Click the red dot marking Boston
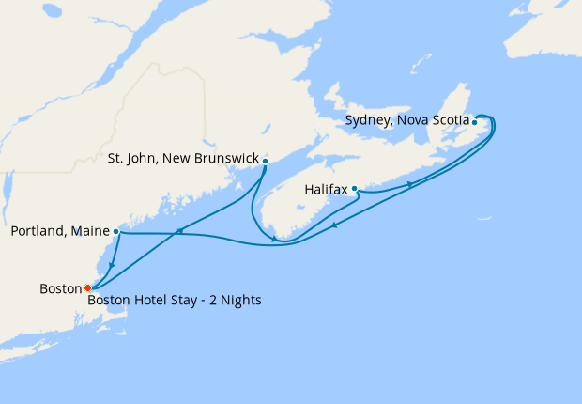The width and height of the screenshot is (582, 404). pyautogui.click(x=87, y=287)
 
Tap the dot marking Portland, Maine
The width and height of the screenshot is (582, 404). pyautogui.click(x=115, y=231)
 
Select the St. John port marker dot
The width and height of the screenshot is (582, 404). pyautogui.click(x=266, y=161)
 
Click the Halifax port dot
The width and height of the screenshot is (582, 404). pyautogui.click(x=354, y=189)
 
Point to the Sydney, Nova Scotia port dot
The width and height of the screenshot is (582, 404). pyautogui.click(x=474, y=122)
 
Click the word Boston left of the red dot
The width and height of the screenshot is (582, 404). pyautogui.click(x=61, y=287)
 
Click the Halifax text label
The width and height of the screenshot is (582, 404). pyautogui.click(x=327, y=189)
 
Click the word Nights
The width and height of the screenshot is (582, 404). pyautogui.click(x=240, y=301)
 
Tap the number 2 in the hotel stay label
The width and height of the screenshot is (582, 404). pyautogui.click(x=212, y=301)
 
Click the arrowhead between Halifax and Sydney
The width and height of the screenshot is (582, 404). pyautogui.click(x=409, y=185)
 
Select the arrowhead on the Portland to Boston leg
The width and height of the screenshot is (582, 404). pyautogui.click(x=112, y=266)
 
